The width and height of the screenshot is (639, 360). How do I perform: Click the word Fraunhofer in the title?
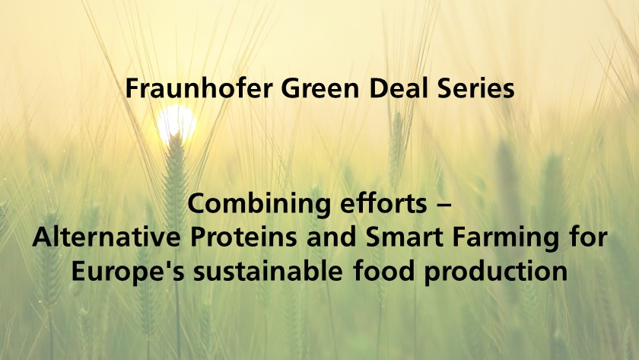[199, 88]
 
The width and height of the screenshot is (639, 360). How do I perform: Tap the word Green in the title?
[320, 88]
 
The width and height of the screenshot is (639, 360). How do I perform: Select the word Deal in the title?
[398, 88]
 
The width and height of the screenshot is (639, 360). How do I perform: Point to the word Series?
[475, 88]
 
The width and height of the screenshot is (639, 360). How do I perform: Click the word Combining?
[259, 204]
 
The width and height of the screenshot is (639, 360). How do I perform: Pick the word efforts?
[383, 203]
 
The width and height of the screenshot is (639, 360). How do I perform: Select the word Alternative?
[106, 237]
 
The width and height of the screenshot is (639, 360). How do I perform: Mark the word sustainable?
[268, 271]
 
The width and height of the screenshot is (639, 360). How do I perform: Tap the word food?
[384, 271]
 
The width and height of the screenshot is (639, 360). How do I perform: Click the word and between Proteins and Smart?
[332, 237]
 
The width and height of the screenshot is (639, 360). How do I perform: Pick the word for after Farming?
[589, 237]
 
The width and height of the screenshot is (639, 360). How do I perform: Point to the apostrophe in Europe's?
[167, 266]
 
